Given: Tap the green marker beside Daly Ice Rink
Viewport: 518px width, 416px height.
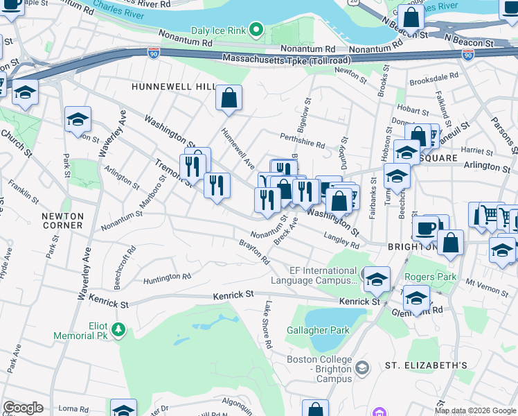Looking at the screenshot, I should coord(256,29).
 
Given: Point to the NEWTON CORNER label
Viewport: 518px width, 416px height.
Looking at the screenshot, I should coord(62,220).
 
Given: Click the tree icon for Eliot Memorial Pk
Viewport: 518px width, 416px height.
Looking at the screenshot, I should coord(118,327).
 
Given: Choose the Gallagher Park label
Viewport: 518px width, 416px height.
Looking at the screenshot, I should coord(318,330).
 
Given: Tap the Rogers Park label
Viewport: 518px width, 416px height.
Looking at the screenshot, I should coord(431,277).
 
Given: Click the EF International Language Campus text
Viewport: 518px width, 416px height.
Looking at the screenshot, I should coord(313,276).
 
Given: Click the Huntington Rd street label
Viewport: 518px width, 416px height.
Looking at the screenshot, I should coord(167,279).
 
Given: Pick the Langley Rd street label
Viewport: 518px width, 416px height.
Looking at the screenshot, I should coord(341,240).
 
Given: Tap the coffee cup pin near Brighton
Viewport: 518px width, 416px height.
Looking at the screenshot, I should coord(425,228).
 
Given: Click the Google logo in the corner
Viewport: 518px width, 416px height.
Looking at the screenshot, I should coord(23,408).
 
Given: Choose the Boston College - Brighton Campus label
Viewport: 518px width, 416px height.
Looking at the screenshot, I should coord(319,365).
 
